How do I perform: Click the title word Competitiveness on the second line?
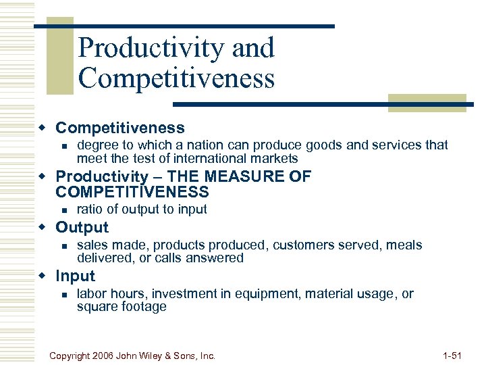(x=176, y=78)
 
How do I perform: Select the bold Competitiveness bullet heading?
(x=119, y=128)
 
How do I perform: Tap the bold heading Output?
(x=82, y=227)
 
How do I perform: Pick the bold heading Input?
(x=75, y=276)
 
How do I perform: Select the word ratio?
(x=90, y=210)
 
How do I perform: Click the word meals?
(x=404, y=245)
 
